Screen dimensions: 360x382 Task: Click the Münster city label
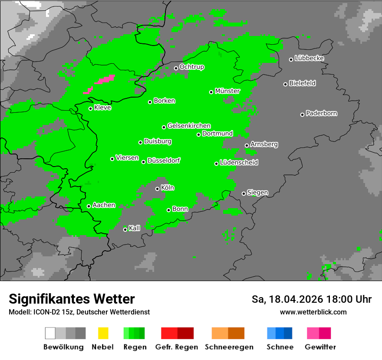click(227, 91)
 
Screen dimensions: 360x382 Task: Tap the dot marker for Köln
click(157, 189)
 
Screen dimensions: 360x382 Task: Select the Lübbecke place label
click(309, 58)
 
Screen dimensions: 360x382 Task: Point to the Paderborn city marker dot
click(302, 115)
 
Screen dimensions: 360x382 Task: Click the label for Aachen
click(104, 205)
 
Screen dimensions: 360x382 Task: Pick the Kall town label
click(135, 228)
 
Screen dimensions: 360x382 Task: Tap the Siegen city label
click(257, 193)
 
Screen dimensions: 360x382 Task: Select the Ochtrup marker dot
click(176, 68)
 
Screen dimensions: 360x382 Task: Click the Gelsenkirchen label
click(189, 126)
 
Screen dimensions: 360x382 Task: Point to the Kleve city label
click(102, 108)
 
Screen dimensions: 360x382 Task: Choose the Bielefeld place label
click(302, 83)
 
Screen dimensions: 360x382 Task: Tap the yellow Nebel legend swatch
click(103, 333)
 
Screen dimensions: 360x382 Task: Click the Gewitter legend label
click(320, 347)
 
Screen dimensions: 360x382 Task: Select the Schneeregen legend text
click(229, 347)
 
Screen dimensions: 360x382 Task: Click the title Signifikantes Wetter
click(72, 299)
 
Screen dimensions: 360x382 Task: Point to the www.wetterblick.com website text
click(313, 312)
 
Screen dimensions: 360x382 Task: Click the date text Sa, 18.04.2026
click(286, 299)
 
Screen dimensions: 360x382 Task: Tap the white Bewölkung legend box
click(50, 333)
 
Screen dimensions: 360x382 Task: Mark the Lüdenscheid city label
click(239, 163)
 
